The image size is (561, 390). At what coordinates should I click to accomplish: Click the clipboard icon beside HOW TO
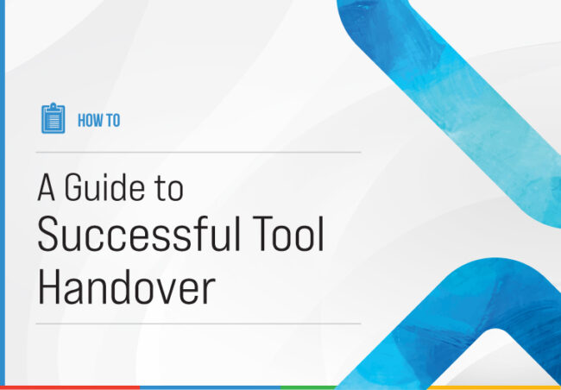tap(53, 118)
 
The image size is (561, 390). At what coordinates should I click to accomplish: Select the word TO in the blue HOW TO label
tap(112, 121)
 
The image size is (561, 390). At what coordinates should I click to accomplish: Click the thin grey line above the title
tap(199, 152)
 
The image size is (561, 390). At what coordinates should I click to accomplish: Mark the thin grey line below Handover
tap(199, 324)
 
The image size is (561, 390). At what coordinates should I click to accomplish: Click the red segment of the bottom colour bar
tap(69, 387)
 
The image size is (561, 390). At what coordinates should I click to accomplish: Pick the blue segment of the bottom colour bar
tap(207, 387)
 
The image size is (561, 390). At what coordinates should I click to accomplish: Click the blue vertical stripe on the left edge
tap(2, 190)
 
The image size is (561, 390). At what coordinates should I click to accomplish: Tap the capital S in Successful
tap(49, 236)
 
